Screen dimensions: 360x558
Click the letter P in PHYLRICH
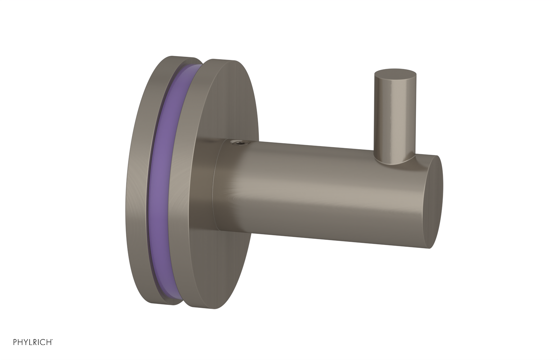pyautogui.click(x=15, y=342)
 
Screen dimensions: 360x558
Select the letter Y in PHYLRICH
pyautogui.click(x=26, y=342)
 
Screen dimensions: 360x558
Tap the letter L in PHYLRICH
pyautogui.click(x=31, y=342)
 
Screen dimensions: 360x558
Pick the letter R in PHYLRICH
pyautogui.click(x=35, y=342)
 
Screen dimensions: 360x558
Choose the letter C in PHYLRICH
pyautogui.click(x=43, y=342)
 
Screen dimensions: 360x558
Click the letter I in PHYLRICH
pyautogui.click(x=38, y=342)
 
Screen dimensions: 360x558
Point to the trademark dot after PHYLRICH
pyautogui.click(x=52, y=339)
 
